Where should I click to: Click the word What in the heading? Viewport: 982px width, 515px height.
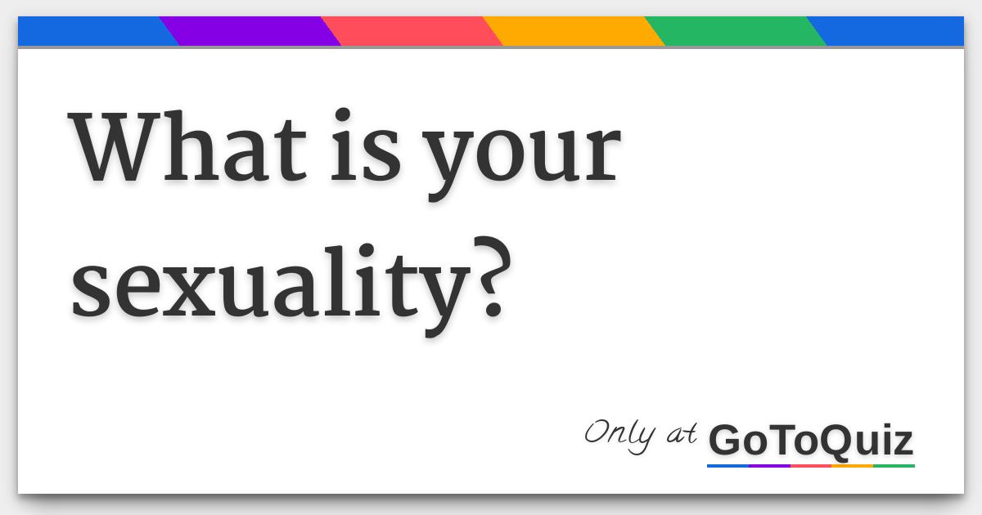point(187,146)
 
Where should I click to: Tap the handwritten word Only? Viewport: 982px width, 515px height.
point(619,435)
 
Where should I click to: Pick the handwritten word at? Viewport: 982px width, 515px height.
point(682,433)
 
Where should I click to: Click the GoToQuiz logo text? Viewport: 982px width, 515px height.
point(811,440)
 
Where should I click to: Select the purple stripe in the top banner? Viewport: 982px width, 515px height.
point(250,31)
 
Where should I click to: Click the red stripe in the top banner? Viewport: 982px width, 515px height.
point(412,31)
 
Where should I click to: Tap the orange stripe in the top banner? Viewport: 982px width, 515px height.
point(574,31)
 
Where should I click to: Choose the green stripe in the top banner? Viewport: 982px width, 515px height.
point(735,31)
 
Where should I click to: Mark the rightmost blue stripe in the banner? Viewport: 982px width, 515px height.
point(890,31)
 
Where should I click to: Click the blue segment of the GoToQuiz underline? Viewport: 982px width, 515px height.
point(727,466)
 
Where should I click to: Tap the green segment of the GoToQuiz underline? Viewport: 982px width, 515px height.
point(894,466)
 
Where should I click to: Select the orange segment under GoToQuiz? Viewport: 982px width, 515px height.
point(852,466)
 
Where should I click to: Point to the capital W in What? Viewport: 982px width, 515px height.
point(114,147)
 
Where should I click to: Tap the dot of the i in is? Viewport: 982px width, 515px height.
point(343,114)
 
